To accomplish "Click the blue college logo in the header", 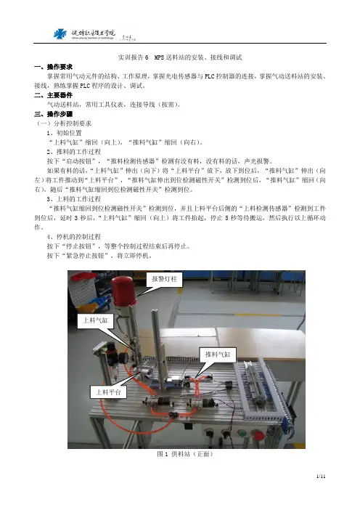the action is [x=60, y=34].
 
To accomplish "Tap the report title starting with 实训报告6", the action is [x=180, y=57].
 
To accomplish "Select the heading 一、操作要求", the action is [x=53, y=67].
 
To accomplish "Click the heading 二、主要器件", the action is [x=53, y=95].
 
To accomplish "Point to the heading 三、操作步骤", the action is [x=53, y=114].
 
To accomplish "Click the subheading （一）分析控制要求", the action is [x=63, y=124].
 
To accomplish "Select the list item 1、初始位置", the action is [x=64, y=133].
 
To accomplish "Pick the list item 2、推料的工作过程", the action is [x=74, y=152].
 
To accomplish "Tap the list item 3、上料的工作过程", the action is [x=74, y=199].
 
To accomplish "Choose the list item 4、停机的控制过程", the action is [x=74, y=237].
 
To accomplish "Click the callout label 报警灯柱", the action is [x=165, y=279].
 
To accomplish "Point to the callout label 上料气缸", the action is [x=95, y=320].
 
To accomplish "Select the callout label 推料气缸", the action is [x=217, y=355].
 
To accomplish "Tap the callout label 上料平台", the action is [x=108, y=392].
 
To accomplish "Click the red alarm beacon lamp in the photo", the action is [x=123, y=291].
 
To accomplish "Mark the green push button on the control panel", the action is [x=242, y=434].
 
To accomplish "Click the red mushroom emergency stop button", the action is [x=258, y=435].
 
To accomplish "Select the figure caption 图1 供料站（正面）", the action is [x=184, y=454].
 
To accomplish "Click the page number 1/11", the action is [x=321, y=477].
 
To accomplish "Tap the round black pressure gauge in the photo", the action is [x=123, y=358].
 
